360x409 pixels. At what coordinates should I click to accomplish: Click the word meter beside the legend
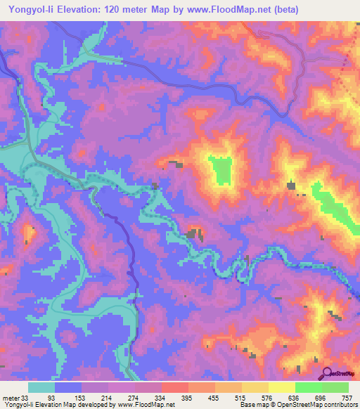pos(10,398)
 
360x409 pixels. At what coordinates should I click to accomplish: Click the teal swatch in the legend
pos(41,387)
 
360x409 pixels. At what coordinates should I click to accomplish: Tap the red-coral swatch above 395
pos(175,387)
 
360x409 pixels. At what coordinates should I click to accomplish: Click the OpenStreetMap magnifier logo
pos(328,373)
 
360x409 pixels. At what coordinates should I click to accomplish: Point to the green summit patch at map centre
pos(222,169)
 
